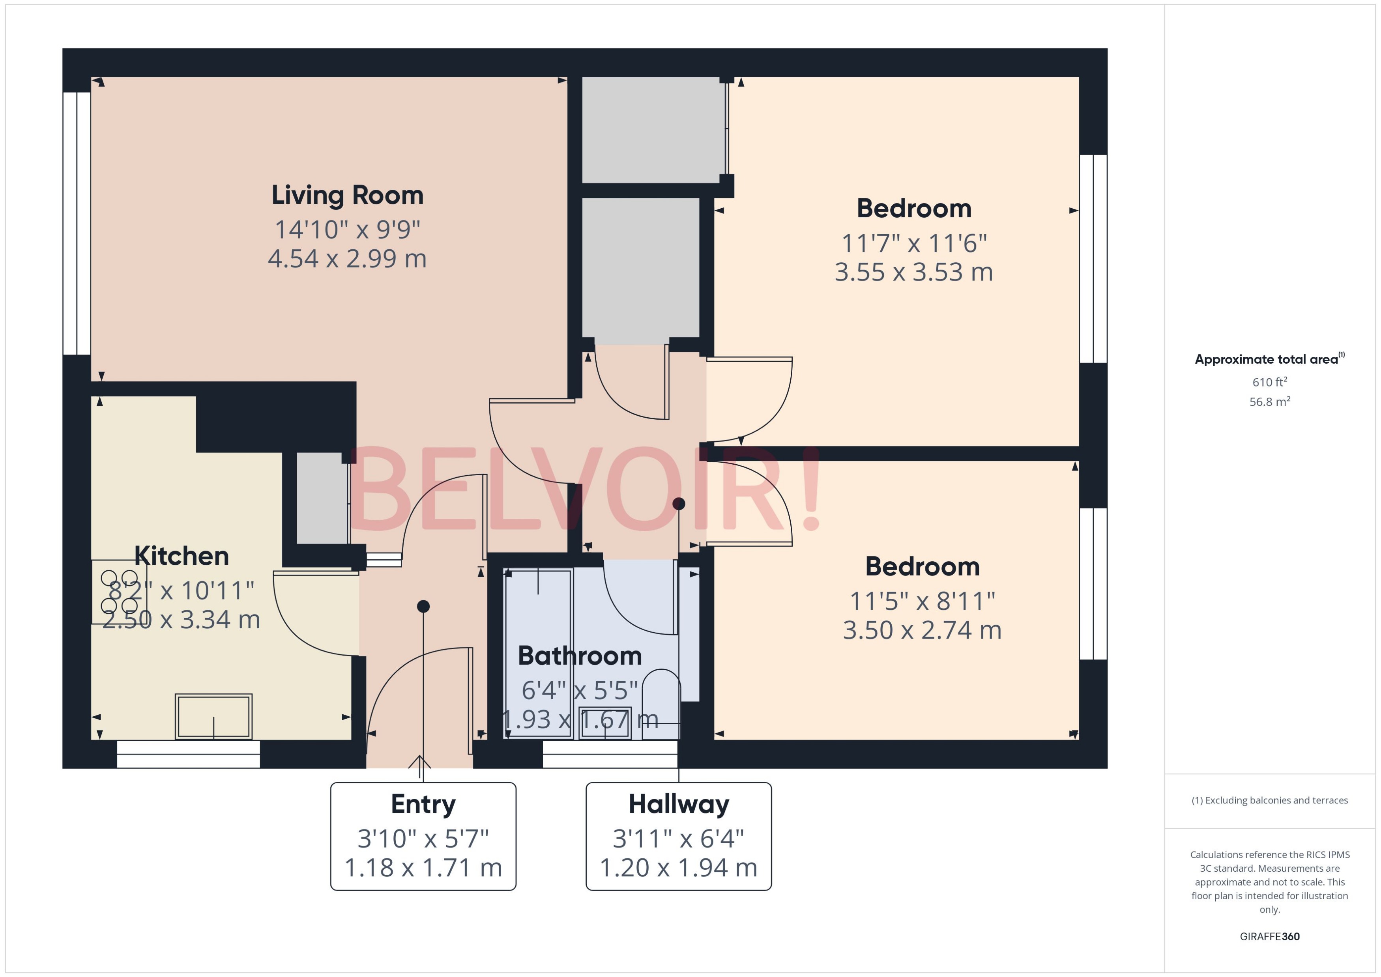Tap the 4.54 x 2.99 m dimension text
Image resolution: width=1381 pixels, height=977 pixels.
[347, 259]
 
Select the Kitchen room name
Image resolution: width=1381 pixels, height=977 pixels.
[181, 556]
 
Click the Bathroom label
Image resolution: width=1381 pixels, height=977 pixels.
[580, 656]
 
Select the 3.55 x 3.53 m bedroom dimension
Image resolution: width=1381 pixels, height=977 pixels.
[913, 272]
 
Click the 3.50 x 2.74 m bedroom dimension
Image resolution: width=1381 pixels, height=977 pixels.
[922, 630]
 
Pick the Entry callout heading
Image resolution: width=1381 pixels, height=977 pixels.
[423, 804]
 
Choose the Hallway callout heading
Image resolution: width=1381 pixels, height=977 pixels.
[678, 804]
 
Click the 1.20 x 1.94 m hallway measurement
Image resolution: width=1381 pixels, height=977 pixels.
[678, 867]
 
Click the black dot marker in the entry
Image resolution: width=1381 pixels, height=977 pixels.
[423, 606]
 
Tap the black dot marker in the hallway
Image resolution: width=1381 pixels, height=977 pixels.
[679, 504]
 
